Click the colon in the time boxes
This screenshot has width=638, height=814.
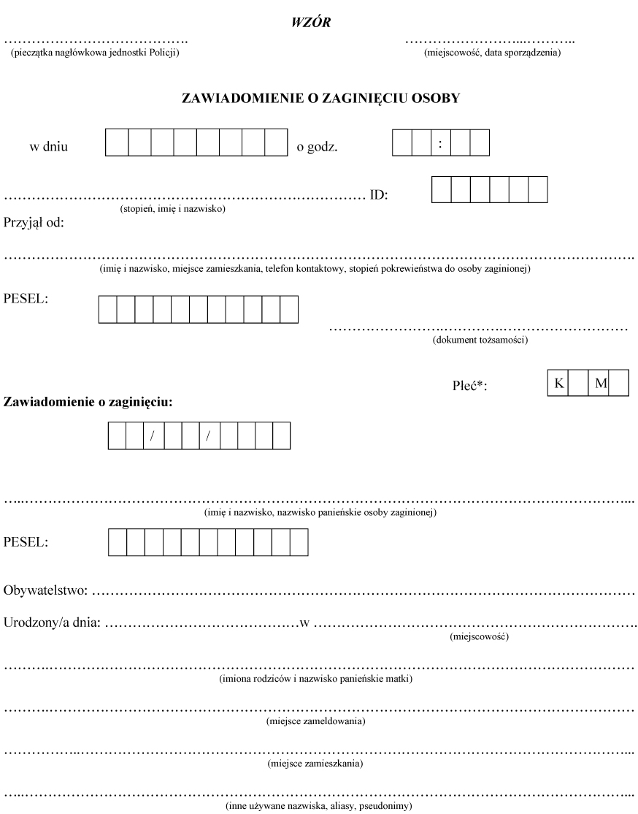(x=441, y=142)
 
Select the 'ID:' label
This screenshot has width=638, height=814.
(x=379, y=195)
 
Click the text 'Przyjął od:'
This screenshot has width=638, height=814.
(x=34, y=223)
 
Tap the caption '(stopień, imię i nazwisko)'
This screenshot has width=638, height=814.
(x=172, y=210)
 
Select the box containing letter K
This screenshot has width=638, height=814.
(x=558, y=383)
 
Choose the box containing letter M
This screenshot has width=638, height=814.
(x=600, y=383)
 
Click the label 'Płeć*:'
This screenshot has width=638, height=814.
(x=469, y=387)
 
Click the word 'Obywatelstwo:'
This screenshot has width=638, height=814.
(x=46, y=589)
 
